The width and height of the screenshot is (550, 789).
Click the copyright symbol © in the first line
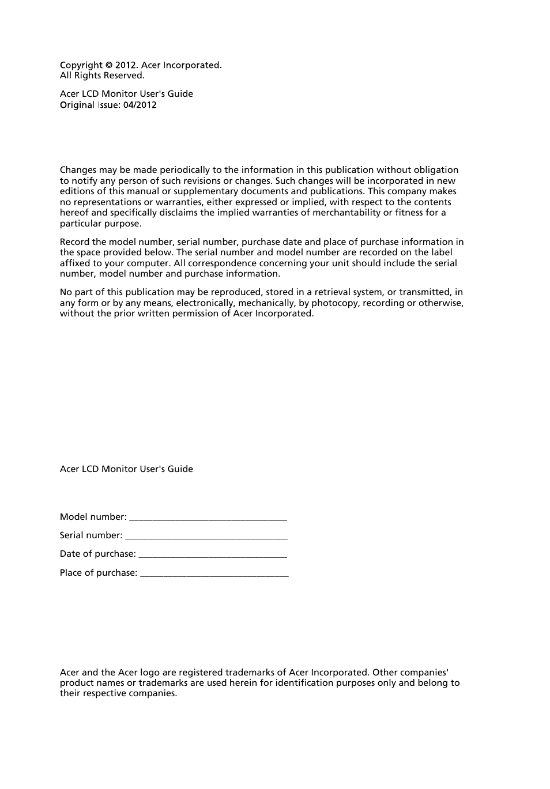coord(109,66)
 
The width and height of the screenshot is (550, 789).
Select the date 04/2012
coord(140,105)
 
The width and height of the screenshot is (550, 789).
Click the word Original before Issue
coord(77,105)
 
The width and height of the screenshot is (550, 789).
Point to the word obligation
coord(436,170)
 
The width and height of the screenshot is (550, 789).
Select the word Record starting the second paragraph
coord(74,242)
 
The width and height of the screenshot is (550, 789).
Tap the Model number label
coord(93,517)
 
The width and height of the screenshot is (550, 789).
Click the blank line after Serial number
coord(206,536)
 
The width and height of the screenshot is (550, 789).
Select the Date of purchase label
coord(97,554)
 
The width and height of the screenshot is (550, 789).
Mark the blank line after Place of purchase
coord(214,573)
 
